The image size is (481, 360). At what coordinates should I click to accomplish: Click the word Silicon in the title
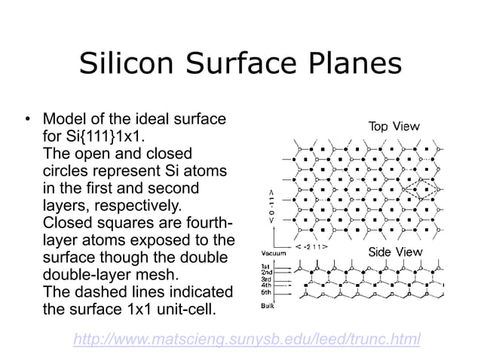[x=125, y=65]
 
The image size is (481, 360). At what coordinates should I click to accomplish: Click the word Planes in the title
[x=354, y=65]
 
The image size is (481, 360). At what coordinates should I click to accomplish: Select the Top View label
[x=394, y=127]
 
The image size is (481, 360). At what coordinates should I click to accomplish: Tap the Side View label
[x=395, y=252]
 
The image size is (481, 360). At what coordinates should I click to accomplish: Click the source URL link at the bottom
[x=247, y=340]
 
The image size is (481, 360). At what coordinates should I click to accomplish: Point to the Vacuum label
[x=273, y=254]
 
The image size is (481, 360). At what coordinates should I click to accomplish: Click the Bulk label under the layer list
[x=267, y=306]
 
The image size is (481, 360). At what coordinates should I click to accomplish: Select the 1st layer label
[x=265, y=267]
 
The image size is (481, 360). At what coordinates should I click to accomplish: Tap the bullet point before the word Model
[x=27, y=121]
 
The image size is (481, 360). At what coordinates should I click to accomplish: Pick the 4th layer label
[x=265, y=286]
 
